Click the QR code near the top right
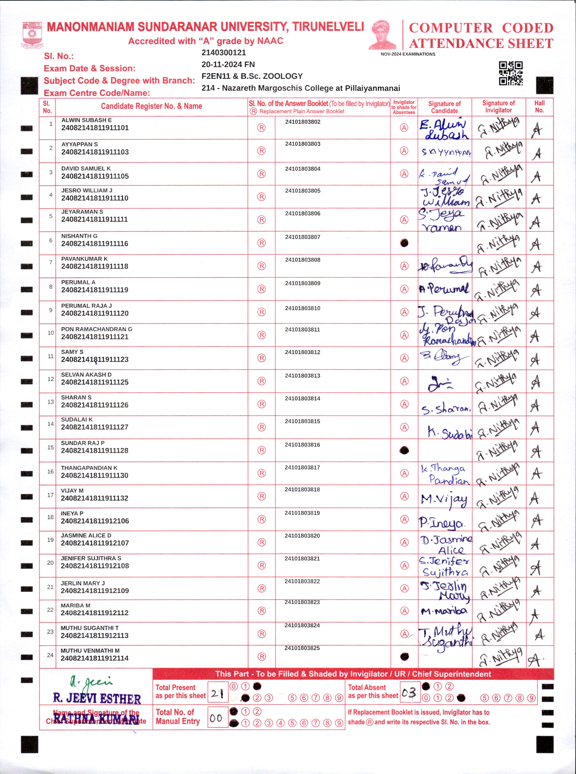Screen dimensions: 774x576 click(511, 73)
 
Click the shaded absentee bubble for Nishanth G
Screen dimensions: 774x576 click(404, 243)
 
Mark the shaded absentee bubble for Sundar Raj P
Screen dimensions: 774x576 click(404, 450)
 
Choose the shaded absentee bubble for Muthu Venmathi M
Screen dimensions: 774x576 click(405, 657)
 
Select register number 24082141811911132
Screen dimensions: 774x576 click(95, 498)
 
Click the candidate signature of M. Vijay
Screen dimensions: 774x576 click(444, 500)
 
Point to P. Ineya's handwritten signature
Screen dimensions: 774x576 click(441, 523)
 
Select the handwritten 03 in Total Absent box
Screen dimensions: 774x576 click(409, 693)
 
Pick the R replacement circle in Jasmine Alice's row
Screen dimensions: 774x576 click(261, 542)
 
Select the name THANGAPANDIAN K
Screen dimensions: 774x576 click(89, 468)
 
